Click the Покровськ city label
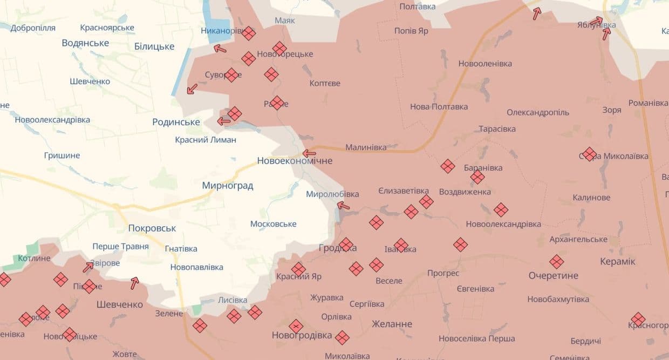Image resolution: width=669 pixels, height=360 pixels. (x=152, y=228)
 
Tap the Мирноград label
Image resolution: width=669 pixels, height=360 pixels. (x=227, y=186)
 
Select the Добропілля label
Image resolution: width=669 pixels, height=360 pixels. (x=33, y=28)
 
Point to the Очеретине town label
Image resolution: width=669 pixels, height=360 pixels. (x=553, y=276)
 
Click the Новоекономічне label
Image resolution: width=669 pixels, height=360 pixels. (x=295, y=161)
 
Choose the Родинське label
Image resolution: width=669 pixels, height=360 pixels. (x=176, y=122)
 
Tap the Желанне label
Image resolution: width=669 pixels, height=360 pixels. (x=392, y=324)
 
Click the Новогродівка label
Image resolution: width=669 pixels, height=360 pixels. (x=302, y=335)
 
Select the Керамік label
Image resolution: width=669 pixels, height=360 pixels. (x=618, y=262)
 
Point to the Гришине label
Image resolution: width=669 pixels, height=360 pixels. (x=62, y=155)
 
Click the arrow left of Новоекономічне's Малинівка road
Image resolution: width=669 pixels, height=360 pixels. (x=309, y=153)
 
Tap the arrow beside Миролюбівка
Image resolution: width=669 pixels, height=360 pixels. (x=343, y=206)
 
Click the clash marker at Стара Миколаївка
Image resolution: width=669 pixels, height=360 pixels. (x=589, y=154)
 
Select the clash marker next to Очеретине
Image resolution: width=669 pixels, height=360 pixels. (x=556, y=262)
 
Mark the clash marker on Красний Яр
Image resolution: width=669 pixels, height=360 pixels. (x=298, y=269)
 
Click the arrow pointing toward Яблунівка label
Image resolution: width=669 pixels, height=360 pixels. (x=596, y=22)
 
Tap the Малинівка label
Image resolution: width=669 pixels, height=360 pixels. (x=366, y=147)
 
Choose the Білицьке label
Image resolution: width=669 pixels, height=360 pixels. (x=154, y=46)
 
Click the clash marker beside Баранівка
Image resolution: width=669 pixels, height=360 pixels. (x=477, y=176)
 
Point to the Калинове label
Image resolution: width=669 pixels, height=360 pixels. (x=591, y=198)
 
